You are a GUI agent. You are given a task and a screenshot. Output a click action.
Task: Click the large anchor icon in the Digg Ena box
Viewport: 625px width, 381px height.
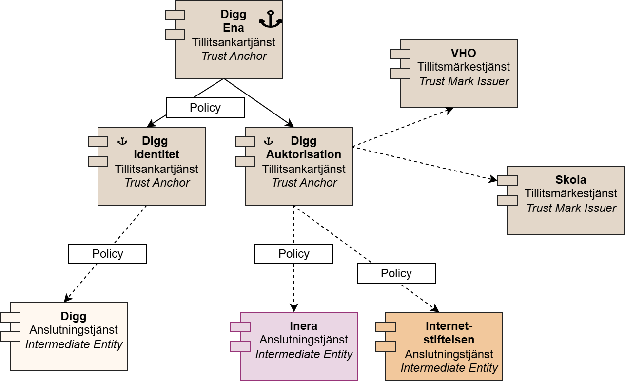[270, 19]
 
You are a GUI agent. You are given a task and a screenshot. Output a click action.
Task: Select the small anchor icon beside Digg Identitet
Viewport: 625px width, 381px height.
[122, 141]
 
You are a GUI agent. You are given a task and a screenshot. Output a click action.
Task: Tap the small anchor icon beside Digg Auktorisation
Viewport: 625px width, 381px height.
[268, 141]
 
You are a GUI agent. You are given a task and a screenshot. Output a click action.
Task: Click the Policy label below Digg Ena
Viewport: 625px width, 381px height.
[205, 108]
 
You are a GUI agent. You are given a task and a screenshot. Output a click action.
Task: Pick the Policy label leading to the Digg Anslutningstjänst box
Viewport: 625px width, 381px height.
[107, 254]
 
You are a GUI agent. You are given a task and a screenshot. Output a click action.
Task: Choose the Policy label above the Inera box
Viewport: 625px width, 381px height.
[293, 254]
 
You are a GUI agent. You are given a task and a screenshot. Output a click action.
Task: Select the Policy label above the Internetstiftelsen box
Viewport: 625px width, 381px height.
[396, 273]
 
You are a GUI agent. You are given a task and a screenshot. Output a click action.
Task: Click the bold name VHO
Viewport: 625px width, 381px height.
[463, 53]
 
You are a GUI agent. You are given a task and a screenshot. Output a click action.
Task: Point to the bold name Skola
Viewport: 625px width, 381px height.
[570, 180]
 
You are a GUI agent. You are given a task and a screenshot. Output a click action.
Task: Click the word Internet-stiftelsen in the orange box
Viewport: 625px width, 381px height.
[449, 333]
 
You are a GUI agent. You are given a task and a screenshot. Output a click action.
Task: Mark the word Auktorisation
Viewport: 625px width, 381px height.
[304, 155]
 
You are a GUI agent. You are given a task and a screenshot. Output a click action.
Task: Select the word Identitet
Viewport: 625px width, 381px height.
[156, 155]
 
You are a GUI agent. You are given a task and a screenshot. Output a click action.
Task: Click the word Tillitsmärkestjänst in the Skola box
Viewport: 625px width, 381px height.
[571, 193]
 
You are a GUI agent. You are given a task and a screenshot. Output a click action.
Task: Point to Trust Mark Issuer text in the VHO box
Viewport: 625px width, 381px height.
[464, 81]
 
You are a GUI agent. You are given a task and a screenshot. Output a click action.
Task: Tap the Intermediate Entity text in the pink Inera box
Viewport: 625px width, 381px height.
[304, 354]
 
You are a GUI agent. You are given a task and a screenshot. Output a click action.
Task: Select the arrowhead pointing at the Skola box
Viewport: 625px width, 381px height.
[493, 180]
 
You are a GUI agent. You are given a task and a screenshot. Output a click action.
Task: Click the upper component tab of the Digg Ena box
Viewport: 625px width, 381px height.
[175, 15]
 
